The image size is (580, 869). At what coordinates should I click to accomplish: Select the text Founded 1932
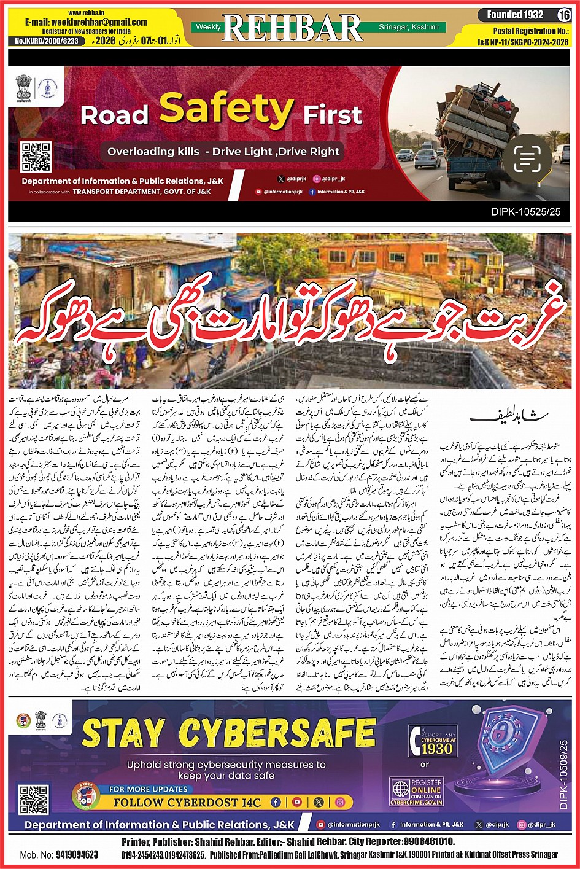pos(515,15)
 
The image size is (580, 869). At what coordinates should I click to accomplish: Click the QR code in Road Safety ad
pos(36,157)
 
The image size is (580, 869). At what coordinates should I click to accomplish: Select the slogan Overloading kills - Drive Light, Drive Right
pos(223,151)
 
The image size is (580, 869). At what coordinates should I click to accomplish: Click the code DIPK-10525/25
pos(526,212)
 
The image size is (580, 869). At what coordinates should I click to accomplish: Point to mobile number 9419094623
pos(68,855)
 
